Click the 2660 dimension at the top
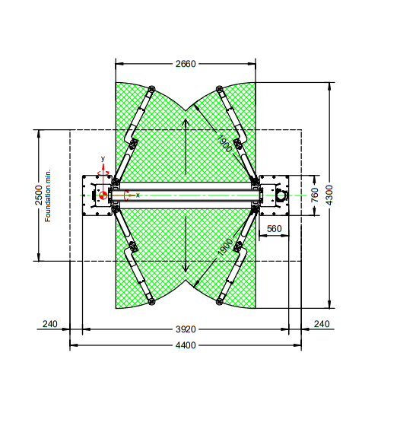pyautogui.click(x=186, y=64)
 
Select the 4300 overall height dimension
pyautogui.click(x=329, y=195)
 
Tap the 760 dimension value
pyautogui.click(x=315, y=195)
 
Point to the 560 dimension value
pyautogui.click(x=275, y=229)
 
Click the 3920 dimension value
pyautogui.click(x=186, y=329)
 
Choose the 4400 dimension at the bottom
pyautogui.click(x=186, y=345)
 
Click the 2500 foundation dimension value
pyautogui.click(x=39, y=195)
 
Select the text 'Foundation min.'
pyautogui.click(x=48, y=195)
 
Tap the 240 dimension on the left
pyautogui.click(x=50, y=324)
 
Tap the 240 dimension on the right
pyautogui.click(x=322, y=324)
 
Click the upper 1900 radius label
pyautogui.click(x=224, y=144)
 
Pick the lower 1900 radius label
pyautogui.click(x=225, y=247)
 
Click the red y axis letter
pyautogui.click(x=103, y=158)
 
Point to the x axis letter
pyautogui.click(x=138, y=195)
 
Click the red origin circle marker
pyautogui.click(x=103, y=195)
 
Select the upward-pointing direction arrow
pyautogui.click(x=186, y=147)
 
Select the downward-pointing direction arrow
pyautogui.click(x=186, y=244)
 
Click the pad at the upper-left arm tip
pyautogui.click(x=151, y=89)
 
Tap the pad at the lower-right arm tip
pyautogui.click(x=219, y=302)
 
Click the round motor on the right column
pyautogui.click(x=282, y=195)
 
